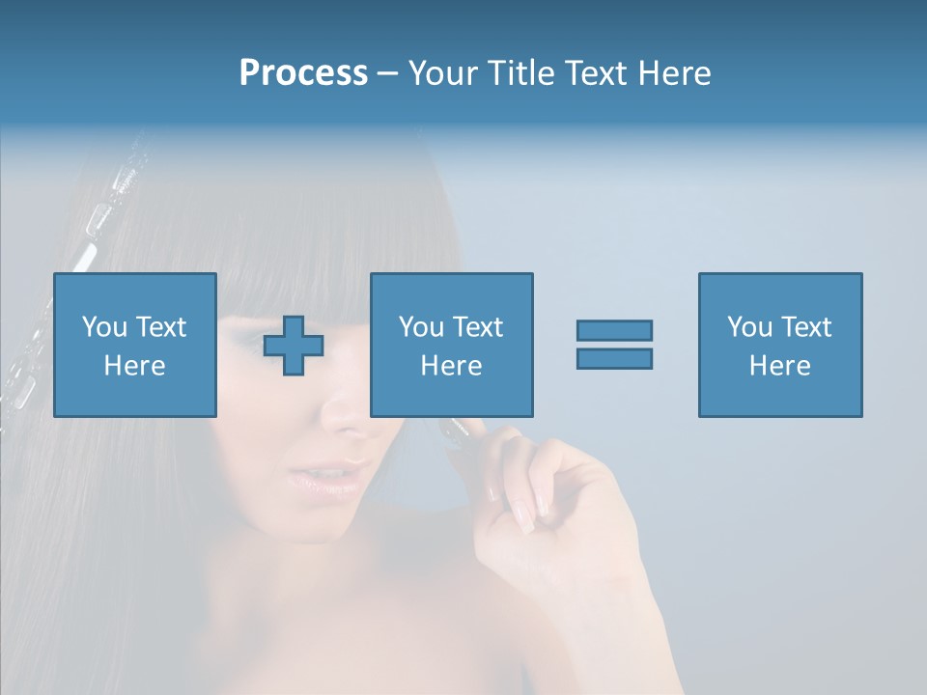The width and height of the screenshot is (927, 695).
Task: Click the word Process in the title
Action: point(303,73)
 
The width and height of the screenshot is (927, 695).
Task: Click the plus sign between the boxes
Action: point(294,346)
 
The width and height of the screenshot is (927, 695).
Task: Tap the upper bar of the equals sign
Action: point(614,331)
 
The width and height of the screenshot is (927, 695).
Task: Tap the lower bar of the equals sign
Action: point(614,358)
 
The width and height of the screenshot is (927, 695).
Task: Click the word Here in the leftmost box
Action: point(134,366)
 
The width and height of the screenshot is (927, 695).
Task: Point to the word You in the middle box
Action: point(421,327)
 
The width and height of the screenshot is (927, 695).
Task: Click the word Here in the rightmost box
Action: point(780,366)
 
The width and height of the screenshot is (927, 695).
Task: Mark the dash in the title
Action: point(387,73)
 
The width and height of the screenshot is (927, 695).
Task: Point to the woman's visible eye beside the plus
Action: point(245,340)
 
